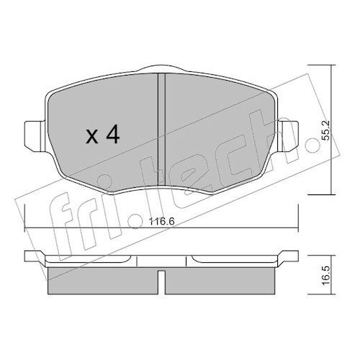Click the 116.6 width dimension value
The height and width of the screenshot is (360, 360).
tap(161, 221)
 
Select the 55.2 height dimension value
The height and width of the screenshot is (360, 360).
tap(326, 130)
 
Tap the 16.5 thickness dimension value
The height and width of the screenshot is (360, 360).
tap(326, 275)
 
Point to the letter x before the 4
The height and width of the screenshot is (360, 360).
tap(92, 138)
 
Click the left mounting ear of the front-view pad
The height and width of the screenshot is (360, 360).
tap(35, 136)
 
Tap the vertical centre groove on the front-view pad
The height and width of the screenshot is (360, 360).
tap(161, 129)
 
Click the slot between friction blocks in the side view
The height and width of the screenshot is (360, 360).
tap(161, 282)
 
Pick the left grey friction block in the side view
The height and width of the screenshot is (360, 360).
tap(103, 281)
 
